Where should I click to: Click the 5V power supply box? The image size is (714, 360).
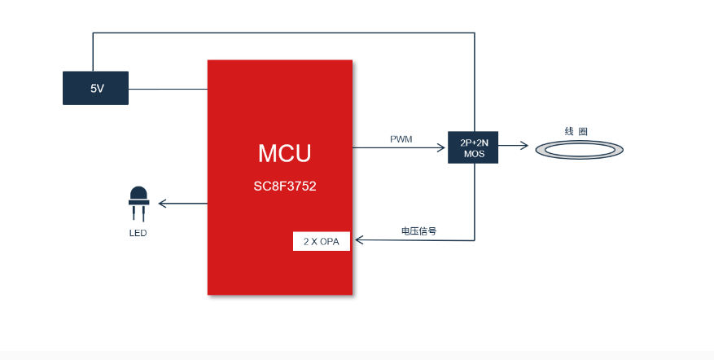point(95,88)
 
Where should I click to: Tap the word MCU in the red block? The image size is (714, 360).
point(284,153)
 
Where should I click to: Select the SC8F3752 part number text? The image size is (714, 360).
point(284,187)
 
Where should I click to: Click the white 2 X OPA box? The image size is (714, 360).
point(321,241)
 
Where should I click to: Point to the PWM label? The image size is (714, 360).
point(401,139)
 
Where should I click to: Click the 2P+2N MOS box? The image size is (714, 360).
point(473,147)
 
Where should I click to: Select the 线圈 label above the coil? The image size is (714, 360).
point(576,131)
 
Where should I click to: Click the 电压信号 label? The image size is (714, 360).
point(418,230)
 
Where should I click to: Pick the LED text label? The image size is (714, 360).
point(138,233)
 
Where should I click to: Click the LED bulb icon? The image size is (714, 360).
point(138,196)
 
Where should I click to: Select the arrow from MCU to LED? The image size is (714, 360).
point(182,203)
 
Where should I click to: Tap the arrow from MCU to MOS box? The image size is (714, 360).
point(399,147)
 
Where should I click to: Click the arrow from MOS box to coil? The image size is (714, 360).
point(513,147)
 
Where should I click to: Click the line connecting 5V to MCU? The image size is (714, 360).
point(168,88)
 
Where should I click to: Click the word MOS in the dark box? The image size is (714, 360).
point(473,153)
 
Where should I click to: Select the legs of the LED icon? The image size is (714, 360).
point(138,213)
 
